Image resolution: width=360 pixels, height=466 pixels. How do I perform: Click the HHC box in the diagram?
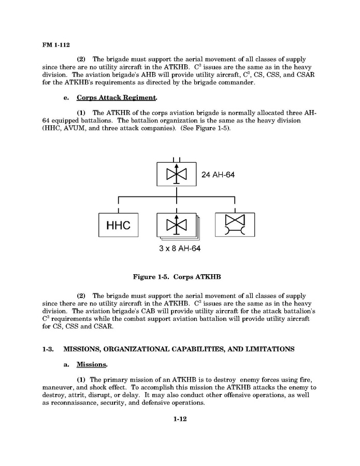[x=118, y=225]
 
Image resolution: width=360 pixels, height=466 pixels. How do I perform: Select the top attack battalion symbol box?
[x=177, y=174]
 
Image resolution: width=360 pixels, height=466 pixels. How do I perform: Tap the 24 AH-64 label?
[x=218, y=175]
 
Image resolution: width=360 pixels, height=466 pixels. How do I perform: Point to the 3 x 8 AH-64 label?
[x=180, y=248]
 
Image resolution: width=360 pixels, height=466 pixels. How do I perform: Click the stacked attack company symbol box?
[x=177, y=225]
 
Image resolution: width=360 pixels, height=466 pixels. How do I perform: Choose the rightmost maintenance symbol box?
[x=235, y=225]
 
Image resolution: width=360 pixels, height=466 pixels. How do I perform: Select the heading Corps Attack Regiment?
[x=116, y=97]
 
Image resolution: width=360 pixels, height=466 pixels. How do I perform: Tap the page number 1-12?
[x=180, y=419]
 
